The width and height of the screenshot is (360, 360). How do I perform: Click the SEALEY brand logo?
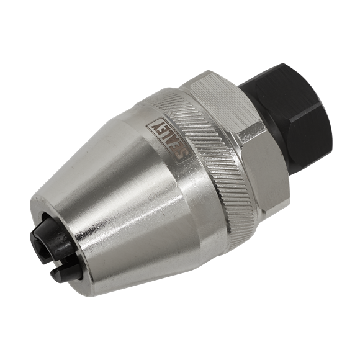(169, 140)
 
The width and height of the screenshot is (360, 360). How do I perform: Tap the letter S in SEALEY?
(183, 153)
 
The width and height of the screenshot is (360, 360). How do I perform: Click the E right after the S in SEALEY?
(177, 148)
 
